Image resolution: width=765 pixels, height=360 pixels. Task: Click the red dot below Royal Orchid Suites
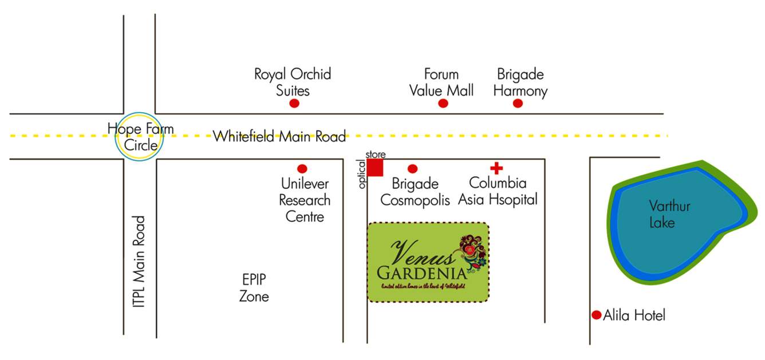[x=294, y=104]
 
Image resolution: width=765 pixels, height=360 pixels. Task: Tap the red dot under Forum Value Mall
[x=443, y=103]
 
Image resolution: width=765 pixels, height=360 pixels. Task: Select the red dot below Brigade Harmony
[x=518, y=103]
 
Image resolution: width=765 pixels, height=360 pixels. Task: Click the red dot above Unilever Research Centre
[x=302, y=169]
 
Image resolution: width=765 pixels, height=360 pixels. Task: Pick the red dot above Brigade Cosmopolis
[x=412, y=169]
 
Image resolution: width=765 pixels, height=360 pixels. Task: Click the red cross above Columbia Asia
[x=496, y=168]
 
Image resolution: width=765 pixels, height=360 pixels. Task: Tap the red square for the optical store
[x=375, y=168]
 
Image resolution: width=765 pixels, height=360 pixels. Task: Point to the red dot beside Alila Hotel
[x=596, y=315]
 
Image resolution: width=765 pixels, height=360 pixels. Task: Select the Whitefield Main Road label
[x=279, y=137]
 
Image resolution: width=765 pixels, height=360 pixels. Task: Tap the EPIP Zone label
[x=254, y=288]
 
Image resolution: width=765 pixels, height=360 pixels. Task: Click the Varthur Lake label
[x=662, y=214]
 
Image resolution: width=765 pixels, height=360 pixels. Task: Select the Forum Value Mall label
[x=441, y=82]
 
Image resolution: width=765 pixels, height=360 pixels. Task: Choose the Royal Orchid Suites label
[x=293, y=82]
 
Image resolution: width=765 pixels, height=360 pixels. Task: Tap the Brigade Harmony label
[x=520, y=82]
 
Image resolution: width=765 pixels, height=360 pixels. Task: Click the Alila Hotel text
[x=634, y=315]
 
